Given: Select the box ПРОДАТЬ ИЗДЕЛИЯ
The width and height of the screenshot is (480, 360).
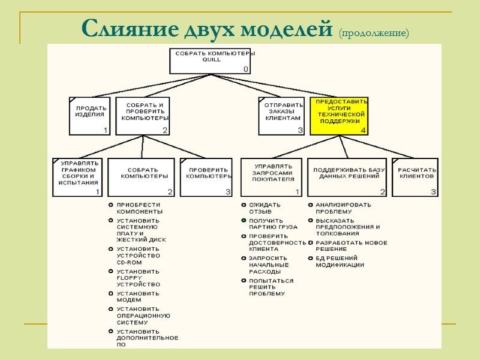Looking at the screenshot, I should (89, 116).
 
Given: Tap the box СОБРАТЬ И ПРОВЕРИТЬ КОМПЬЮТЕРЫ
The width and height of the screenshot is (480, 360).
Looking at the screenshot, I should (142, 115).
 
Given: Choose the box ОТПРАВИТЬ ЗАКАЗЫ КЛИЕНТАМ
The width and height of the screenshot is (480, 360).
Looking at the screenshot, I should (281, 115).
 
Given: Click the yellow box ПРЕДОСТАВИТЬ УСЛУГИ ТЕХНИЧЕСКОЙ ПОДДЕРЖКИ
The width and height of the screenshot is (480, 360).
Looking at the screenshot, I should (339, 116).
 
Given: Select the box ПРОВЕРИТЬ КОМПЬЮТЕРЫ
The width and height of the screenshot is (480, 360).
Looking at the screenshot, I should (206, 177).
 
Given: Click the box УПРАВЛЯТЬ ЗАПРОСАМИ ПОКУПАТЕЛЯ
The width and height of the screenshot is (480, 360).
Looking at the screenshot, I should (272, 177).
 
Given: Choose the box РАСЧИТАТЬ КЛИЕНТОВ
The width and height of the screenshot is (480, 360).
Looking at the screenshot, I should (415, 177).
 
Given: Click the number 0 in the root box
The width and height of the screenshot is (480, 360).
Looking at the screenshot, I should (245, 70).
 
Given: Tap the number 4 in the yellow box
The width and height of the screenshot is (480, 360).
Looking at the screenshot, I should (362, 130).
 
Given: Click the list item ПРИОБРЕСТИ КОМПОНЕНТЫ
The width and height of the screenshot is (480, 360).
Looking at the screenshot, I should (139, 208).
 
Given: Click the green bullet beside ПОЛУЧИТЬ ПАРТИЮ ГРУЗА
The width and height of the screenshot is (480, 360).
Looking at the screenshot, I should (244, 221).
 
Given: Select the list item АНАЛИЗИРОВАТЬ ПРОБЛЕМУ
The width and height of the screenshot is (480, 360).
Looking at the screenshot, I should (343, 208).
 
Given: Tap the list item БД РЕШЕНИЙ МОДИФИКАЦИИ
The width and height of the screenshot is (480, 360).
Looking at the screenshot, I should (340, 262).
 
